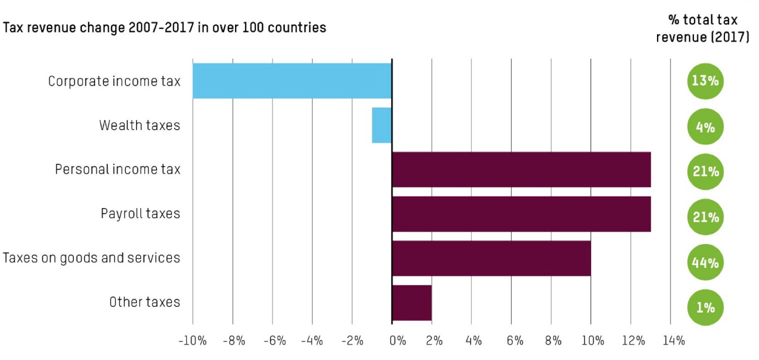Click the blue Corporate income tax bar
click(292, 80)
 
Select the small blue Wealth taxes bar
click(381, 125)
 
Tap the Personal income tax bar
click(521, 169)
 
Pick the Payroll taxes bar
click(521, 214)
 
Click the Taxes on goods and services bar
click(491, 258)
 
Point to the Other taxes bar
click(411, 303)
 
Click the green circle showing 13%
click(705, 80)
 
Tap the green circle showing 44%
click(705, 262)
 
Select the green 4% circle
click(705, 126)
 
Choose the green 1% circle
click(705, 307)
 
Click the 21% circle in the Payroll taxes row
click(705, 217)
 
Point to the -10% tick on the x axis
click(192, 341)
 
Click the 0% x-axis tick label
click(397, 341)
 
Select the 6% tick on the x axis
click(513, 341)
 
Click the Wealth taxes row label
click(139, 125)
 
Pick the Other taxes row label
click(144, 302)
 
